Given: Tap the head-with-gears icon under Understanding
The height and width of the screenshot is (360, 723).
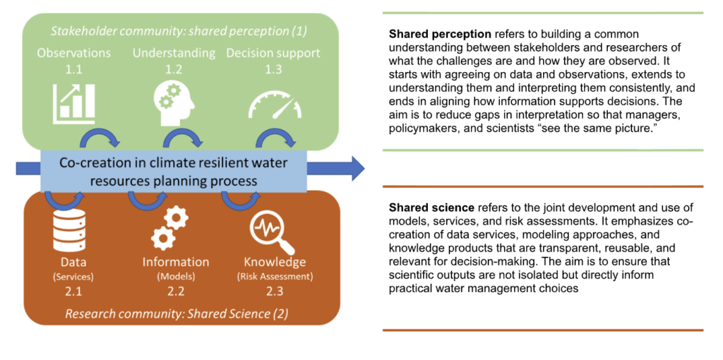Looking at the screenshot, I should tap(174, 102).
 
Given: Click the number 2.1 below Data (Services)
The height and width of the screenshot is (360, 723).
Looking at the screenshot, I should tap(68, 290).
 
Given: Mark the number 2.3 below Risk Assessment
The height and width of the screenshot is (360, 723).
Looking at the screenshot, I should tap(274, 290).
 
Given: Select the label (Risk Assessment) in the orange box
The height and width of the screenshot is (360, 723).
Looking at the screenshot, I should tap(275, 276).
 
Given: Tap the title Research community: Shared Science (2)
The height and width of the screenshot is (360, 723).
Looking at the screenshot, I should tap(177, 313).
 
